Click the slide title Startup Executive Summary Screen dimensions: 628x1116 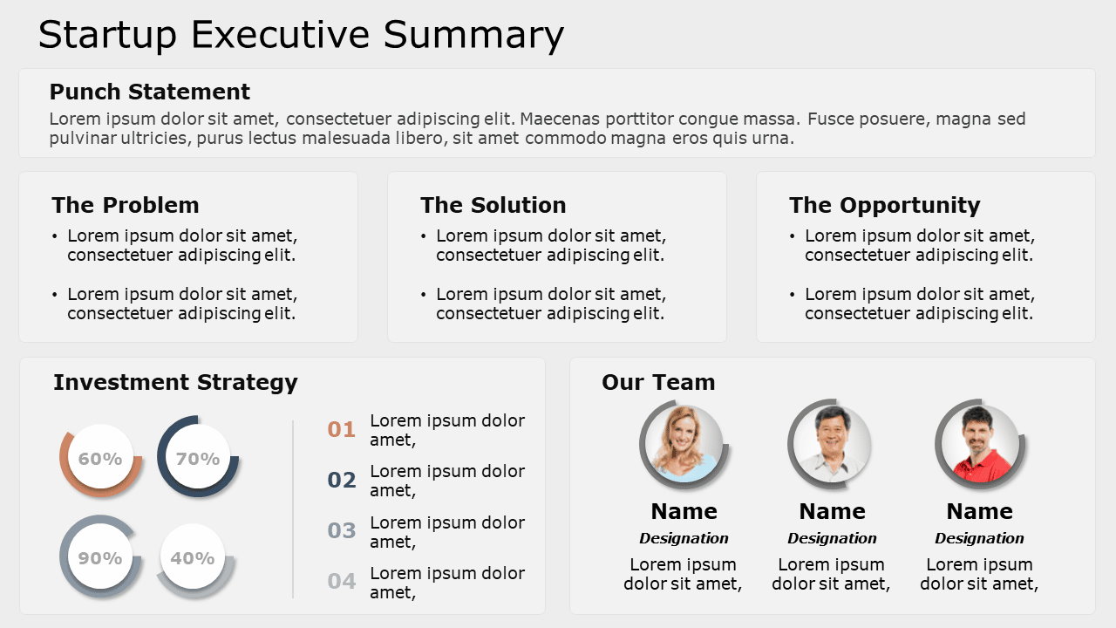301,35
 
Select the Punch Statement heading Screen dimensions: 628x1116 149,92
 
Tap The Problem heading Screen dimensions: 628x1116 125,205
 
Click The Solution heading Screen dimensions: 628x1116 493,205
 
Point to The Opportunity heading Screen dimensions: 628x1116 884,205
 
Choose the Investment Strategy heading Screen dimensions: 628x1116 175,382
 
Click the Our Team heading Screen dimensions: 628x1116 657,382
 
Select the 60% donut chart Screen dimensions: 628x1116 100,458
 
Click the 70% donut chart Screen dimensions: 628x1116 198,458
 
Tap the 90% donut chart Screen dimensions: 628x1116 100,557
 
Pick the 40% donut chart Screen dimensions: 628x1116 193,557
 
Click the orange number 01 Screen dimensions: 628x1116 342,429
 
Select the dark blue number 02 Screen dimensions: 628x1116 342,480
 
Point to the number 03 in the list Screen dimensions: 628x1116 342,530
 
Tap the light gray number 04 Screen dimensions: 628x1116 342,581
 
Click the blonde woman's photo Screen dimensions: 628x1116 683,442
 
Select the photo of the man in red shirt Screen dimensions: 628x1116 979,442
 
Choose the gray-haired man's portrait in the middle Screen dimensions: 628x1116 831,442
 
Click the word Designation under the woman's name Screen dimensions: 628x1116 684,538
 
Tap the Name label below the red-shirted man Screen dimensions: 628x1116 979,511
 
